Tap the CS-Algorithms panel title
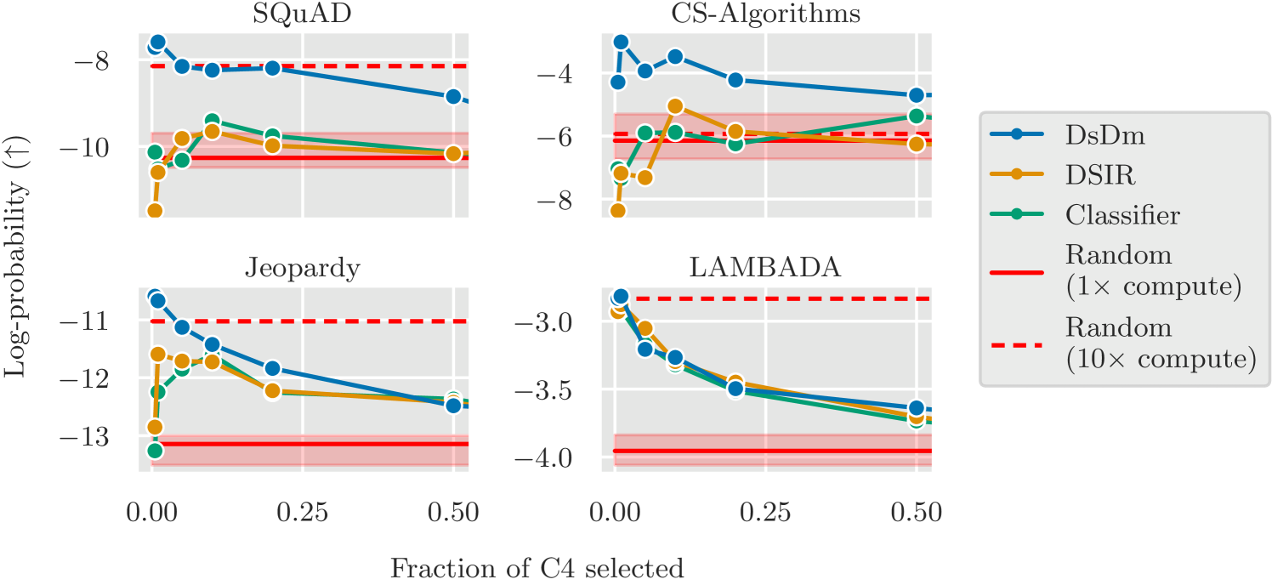coord(764,14)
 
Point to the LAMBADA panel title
coord(764,267)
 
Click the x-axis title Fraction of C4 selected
coord(537,567)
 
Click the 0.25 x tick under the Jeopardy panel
coord(304,512)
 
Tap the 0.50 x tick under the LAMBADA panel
coord(916,512)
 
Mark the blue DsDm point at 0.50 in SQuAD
coord(453,96)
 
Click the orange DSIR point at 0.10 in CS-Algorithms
coord(675,106)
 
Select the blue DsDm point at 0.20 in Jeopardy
coord(272,368)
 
